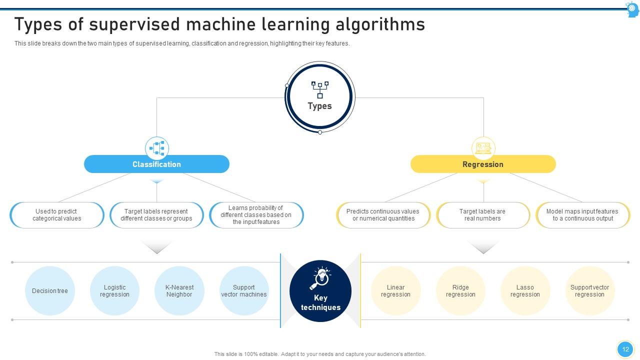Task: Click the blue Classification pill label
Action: pos(156,164)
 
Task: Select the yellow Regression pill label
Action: pos(483,164)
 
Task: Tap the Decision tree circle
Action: pos(50,291)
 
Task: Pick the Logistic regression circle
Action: pos(114,291)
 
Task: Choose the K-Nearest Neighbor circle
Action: pos(179,291)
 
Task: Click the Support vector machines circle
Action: pos(244,291)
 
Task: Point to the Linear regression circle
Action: pos(395,291)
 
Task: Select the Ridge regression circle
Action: pos(460,291)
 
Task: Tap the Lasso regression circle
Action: pos(525,291)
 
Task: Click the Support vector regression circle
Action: pos(589,291)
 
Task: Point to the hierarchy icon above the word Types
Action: pos(320,90)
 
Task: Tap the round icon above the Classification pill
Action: pos(157,148)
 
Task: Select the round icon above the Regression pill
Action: pos(483,148)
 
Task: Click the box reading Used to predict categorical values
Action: pos(57,215)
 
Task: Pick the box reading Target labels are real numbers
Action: pos(483,215)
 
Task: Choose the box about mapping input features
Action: pos(583,215)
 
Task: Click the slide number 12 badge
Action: pos(625,349)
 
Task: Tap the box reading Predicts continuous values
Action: pos(383,215)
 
